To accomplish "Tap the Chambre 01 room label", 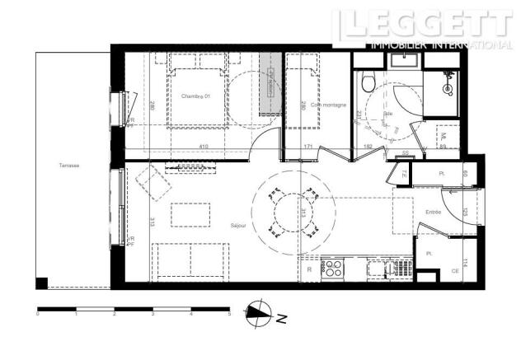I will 196,96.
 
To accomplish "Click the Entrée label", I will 433,212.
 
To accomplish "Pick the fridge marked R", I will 308,269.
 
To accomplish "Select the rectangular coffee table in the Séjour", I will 189,215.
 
